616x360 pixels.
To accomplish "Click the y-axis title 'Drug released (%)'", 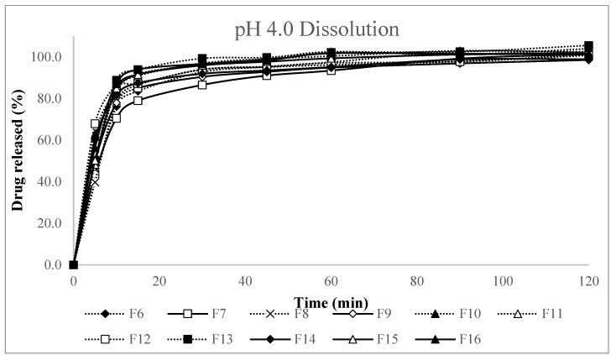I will (18, 151).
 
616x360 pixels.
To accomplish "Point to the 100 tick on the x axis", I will (503, 281).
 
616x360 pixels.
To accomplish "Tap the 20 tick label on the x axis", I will (159, 281).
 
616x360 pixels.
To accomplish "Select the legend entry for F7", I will (209, 314).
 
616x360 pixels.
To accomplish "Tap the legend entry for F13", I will (209, 339).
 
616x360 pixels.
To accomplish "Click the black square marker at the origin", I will (74, 265).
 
